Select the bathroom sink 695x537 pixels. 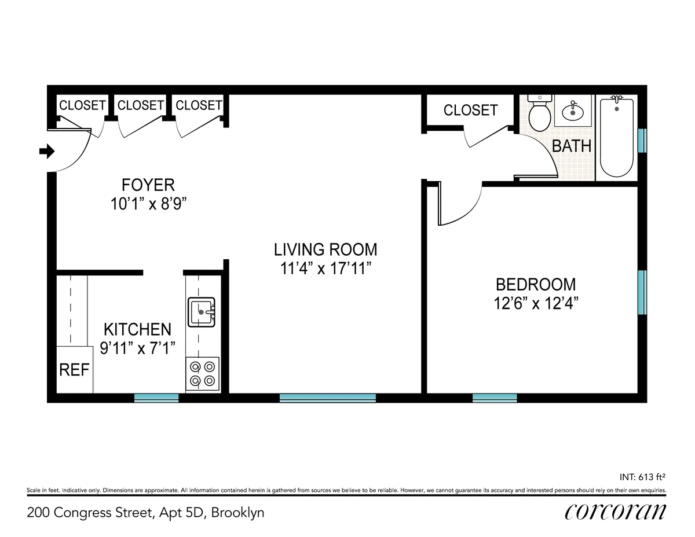[x=573, y=111]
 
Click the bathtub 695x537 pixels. [x=616, y=137]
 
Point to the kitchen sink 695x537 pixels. [x=202, y=312]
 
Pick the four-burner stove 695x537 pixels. [x=202, y=373]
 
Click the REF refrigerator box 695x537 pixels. [x=74, y=370]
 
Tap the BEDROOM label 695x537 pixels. [x=536, y=285]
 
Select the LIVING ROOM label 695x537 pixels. [x=325, y=249]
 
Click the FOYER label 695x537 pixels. [x=148, y=185]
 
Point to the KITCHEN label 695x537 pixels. [x=137, y=330]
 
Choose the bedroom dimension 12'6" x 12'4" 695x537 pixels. [x=536, y=303]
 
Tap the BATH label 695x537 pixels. [x=572, y=146]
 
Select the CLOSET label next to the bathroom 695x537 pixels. [x=470, y=110]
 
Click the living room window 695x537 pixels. [x=328, y=398]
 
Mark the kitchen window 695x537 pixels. [x=156, y=398]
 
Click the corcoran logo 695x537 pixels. [x=614, y=512]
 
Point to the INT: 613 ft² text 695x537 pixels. [x=642, y=477]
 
